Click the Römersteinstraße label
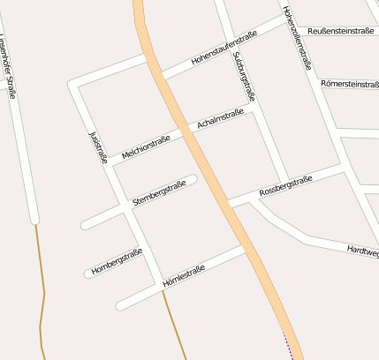(x=350, y=84)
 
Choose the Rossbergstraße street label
(x=286, y=186)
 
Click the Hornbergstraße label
(x=117, y=262)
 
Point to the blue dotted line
(x=288, y=345)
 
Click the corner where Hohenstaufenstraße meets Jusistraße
(x=74, y=86)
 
